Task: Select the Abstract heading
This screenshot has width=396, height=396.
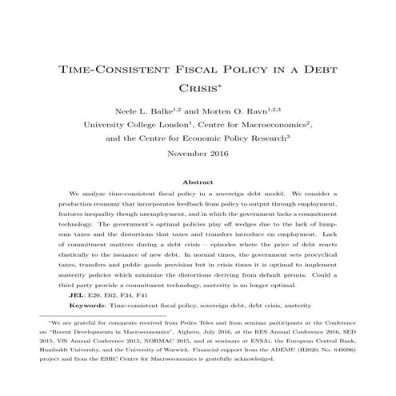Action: pyautogui.click(x=198, y=182)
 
